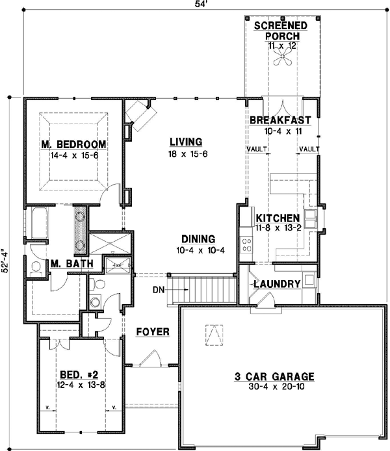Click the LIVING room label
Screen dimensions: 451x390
[x=186, y=142]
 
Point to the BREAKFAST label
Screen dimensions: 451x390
[x=280, y=120]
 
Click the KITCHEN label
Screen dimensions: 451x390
[x=278, y=218]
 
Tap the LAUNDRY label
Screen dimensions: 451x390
[x=276, y=284]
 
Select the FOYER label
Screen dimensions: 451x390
[x=153, y=332]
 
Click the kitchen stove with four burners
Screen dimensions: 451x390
[x=247, y=244]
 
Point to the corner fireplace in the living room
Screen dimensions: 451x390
[x=139, y=112]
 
